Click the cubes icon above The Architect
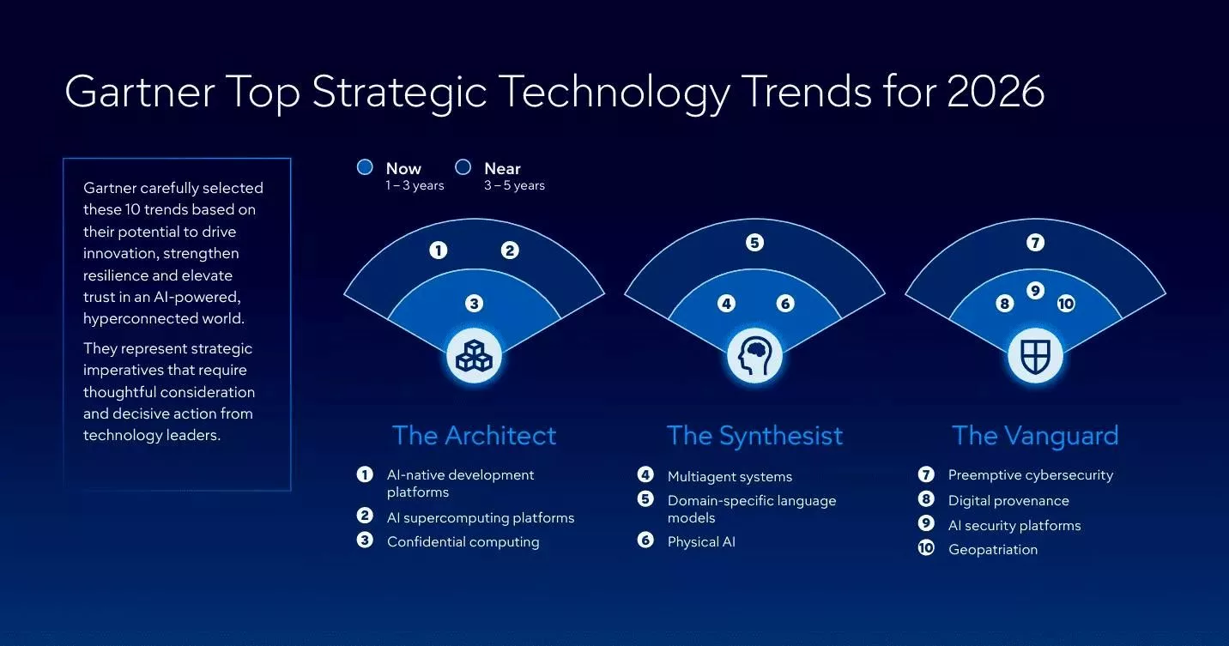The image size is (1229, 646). click(x=474, y=355)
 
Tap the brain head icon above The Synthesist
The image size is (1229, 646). click(x=754, y=355)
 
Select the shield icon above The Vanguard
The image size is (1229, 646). click(x=1035, y=355)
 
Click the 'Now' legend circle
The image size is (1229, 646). click(x=365, y=167)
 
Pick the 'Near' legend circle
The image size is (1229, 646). click(x=463, y=167)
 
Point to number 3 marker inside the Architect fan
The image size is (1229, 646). click(x=474, y=303)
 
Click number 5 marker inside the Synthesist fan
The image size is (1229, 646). click(x=754, y=243)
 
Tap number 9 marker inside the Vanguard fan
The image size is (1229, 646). click(x=1035, y=291)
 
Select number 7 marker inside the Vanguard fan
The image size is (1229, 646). click(x=1035, y=243)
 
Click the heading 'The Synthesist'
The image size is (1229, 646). click(x=754, y=436)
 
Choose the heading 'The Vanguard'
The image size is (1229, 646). click(x=1035, y=436)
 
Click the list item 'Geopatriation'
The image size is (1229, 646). click(x=992, y=550)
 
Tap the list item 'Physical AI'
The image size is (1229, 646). click(x=701, y=541)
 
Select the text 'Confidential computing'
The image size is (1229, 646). click(x=463, y=541)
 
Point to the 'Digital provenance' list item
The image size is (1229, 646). click(x=1008, y=500)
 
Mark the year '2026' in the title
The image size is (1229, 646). click(x=996, y=92)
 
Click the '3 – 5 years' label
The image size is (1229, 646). click(x=514, y=185)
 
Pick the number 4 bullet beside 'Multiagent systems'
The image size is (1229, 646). click(x=645, y=475)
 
